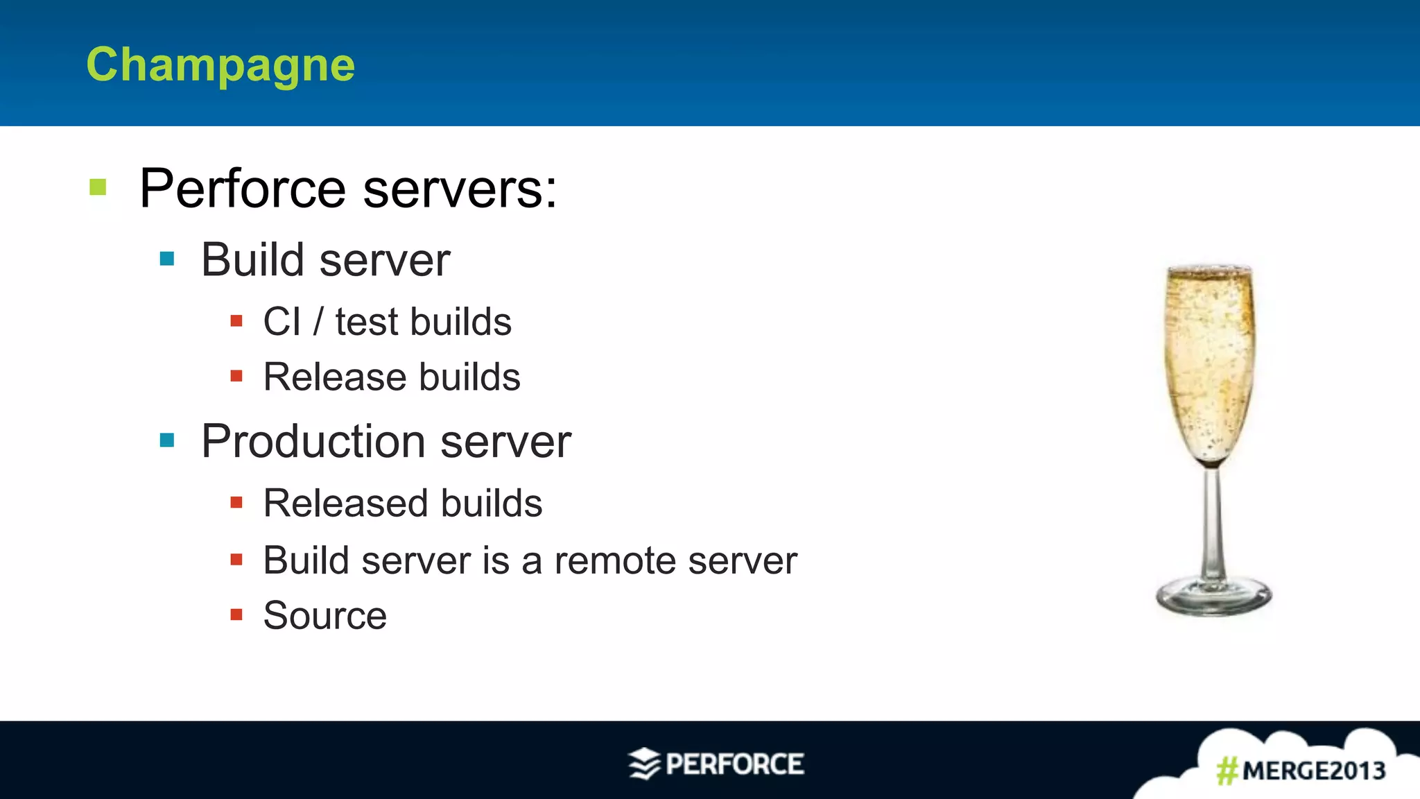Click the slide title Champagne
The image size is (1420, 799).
[x=220, y=65]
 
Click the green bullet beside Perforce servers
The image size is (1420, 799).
[x=98, y=187]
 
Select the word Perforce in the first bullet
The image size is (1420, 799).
[x=243, y=189]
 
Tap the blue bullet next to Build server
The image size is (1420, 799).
[x=167, y=259]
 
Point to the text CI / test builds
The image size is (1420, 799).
[x=387, y=322]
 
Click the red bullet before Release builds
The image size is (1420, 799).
[x=236, y=377]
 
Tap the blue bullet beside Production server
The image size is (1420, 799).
[x=167, y=440]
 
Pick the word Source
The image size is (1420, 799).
[x=325, y=615]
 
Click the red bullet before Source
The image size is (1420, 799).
[x=236, y=615]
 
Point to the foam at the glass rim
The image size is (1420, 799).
[x=1210, y=270]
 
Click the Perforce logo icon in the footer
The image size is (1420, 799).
[x=643, y=764]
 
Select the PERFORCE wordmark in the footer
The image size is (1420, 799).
[x=735, y=764]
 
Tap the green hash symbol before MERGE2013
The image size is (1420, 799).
[x=1227, y=771]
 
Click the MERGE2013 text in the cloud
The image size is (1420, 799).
[x=1314, y=771]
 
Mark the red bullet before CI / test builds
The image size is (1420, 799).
[x=236, y=321]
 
